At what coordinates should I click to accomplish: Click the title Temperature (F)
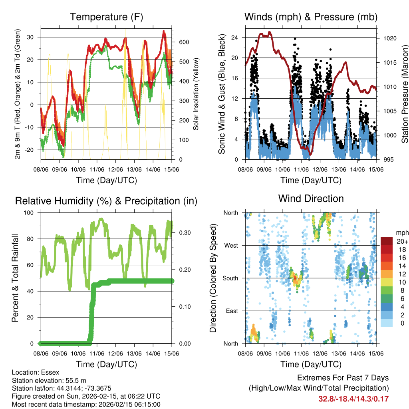[x=106, y=17]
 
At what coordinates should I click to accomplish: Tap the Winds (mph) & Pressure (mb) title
[x=311, y=17]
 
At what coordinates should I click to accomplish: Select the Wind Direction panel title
[x=311, y=199]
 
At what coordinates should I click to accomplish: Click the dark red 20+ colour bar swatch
[x=386, y=242]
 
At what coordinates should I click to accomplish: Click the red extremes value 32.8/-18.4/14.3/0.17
[x=353, y=399]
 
